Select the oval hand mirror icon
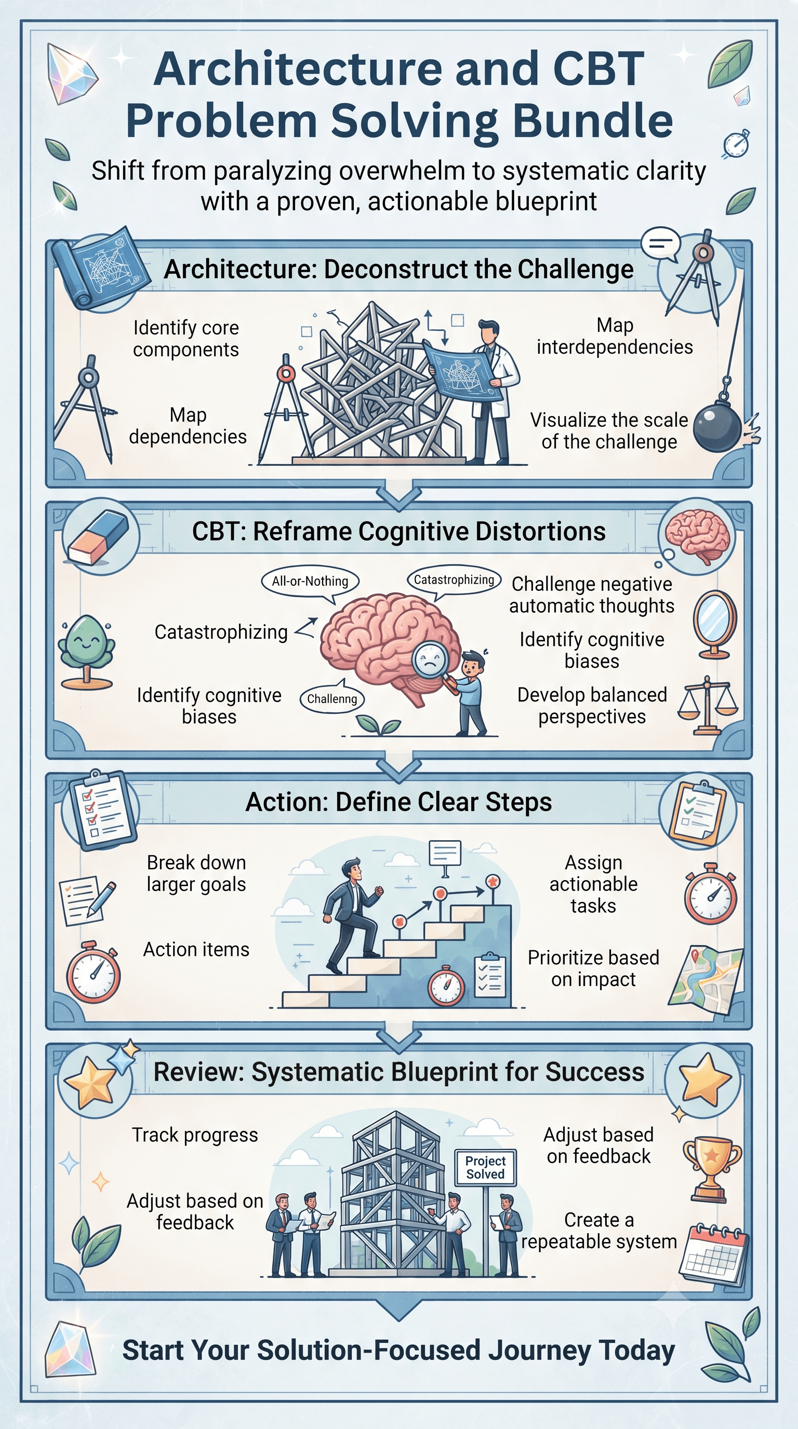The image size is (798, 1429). pos(715,624)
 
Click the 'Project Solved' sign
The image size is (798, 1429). pos(486,1168)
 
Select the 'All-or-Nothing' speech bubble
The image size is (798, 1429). pos(310,583)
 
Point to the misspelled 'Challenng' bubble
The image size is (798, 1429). pos(332,698)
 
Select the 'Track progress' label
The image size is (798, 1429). pos(195,1135)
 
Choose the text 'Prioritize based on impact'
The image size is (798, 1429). pos(593,968)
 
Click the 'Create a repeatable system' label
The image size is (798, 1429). pos(599,1231)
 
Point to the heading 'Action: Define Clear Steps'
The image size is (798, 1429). pos(399,802)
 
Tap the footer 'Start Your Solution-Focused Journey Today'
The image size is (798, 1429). pos(398,1350)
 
